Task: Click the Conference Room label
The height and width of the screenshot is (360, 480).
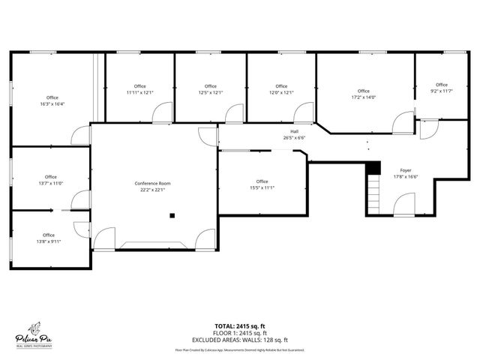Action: pos(152,184)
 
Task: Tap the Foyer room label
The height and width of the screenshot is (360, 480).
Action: pos(406,171)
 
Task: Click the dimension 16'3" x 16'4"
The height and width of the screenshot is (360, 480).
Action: pos(52,104)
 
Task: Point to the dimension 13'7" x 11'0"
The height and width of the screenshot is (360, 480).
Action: pos(50,183)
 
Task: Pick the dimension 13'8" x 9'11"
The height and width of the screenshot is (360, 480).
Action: pos(49,241)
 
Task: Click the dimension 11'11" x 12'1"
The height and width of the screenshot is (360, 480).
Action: pos(139,92)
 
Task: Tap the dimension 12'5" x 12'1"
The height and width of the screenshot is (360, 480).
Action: pos(210,92)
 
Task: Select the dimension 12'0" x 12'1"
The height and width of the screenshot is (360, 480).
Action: pos(281,92)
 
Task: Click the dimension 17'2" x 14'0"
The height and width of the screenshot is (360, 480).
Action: pos(364,97)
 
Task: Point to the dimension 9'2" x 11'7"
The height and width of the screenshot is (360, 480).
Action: pos(442,91)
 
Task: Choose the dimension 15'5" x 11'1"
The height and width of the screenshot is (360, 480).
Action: pos(262,187)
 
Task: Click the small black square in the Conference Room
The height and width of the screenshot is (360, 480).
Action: pos(172,216)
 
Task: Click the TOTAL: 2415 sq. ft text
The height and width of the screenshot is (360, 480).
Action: pos(240,326)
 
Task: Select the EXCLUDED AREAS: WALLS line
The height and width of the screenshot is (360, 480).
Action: pos(240,338)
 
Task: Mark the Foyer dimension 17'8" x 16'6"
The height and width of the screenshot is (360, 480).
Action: pos(406,177)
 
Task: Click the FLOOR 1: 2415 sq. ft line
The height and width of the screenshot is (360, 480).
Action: pos(240,332)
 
